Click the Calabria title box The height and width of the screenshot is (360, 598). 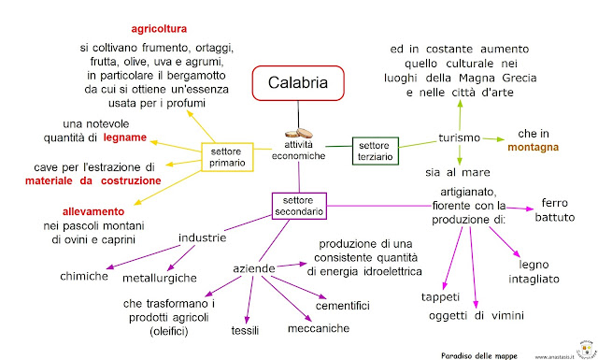point(292,83)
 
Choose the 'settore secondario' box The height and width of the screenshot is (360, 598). point(299,207)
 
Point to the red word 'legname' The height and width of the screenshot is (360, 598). point(125,138)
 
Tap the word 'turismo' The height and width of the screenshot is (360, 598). point(459,138)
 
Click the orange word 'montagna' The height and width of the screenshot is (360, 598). point(534,148)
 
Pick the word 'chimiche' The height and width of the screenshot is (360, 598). point(84,277)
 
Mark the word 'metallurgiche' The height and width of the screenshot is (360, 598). point(160,278)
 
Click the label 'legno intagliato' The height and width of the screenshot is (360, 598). point(535,271)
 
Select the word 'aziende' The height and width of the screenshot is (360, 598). point(254,268)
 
